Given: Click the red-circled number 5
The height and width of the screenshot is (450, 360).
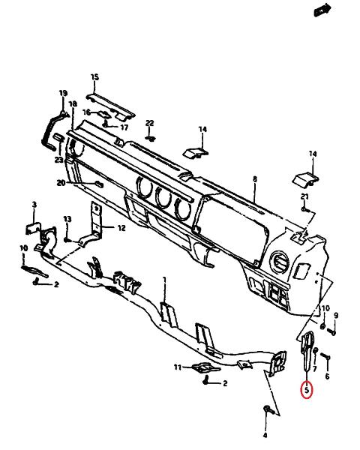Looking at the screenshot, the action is pos(307,390).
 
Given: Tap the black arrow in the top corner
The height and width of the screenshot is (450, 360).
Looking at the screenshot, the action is pos(322,10).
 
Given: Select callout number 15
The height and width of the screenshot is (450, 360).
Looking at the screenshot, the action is pos(94,77).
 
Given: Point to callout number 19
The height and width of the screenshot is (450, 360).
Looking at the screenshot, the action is pos(63,93).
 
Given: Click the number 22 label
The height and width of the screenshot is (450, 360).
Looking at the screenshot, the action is pos(149,123).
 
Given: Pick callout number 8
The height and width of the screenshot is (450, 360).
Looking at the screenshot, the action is pos(255,179).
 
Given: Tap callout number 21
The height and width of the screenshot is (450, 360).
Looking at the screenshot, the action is pos(304,196).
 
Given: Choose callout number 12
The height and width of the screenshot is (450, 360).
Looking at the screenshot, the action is pos(121,228).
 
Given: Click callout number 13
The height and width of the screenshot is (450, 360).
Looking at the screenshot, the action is pos(67,219).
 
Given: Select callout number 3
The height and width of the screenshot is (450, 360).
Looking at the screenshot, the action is pos(34,205).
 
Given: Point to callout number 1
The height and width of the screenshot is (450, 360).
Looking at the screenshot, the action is pos(164,279).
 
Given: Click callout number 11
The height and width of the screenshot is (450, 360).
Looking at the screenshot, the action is pos(178,367).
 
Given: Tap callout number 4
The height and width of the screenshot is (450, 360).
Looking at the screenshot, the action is pos(265,435).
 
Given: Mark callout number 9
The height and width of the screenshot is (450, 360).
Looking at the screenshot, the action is pos(336,316).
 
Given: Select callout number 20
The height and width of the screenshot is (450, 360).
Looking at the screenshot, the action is pos(61,182).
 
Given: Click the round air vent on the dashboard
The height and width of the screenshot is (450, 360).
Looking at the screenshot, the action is pos(279,262).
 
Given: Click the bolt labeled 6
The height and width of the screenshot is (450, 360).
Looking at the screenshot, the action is pos(325,355).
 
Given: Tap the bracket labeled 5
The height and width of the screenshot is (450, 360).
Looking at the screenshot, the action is pos(307,350).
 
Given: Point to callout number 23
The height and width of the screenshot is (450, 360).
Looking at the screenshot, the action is pos(58,160).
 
